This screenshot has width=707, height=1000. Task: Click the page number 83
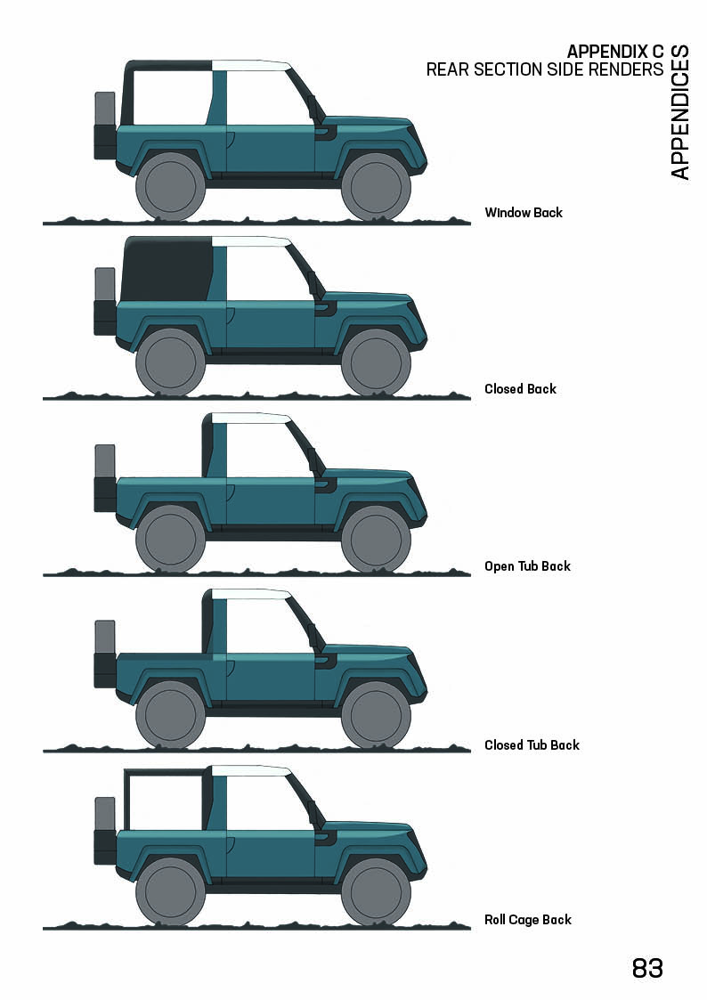coord(647,968)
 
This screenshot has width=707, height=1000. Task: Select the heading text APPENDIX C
coord(614,50)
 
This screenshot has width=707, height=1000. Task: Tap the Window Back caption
coord(524,213)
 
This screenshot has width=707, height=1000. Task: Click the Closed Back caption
coord(520,389)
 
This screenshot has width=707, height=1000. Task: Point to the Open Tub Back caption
coord(527,566)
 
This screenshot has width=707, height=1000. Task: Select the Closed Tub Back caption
coord(532,745)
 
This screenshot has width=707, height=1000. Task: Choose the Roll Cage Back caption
coord(528,920)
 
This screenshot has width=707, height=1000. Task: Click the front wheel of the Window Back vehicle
coord(376,187)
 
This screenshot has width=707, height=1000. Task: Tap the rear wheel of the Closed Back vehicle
coord(170,362)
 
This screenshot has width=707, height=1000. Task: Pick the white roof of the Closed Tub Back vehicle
coord(251,594)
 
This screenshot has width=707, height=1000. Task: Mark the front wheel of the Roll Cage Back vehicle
coord(376,893)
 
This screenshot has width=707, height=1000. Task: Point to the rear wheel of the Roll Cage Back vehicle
coord(170,893)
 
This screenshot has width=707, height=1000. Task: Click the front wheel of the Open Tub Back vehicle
coord(376,540)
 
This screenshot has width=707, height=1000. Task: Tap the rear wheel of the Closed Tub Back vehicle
coord(170,715)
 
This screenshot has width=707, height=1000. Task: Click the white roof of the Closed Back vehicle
coord(251,242)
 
